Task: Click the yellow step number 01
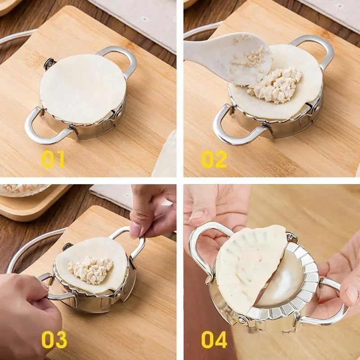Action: [x=53, y=159]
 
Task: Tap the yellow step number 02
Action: [x=214, y=159]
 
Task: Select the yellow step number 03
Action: [x=54, y=340]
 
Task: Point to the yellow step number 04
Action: [x=214, y=340]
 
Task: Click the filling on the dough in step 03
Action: [x=91, y=270]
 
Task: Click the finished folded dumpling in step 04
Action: [x=250, y=269]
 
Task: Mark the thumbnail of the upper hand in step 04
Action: [x=197, y=215]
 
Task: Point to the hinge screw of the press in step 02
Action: [x=317, y=107]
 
